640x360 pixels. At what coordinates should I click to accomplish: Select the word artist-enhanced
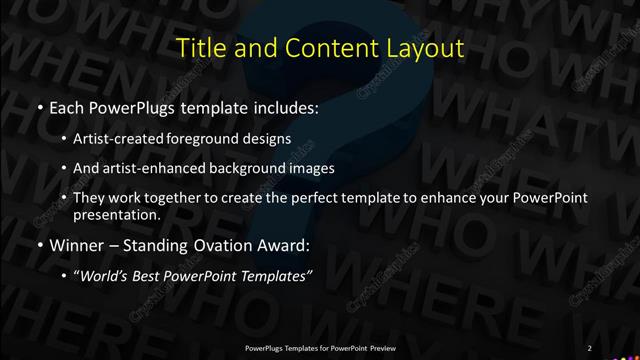coord(173,168)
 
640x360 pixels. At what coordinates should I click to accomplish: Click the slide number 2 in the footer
coord(590,347)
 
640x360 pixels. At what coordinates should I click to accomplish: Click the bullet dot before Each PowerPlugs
coord(38,106)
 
